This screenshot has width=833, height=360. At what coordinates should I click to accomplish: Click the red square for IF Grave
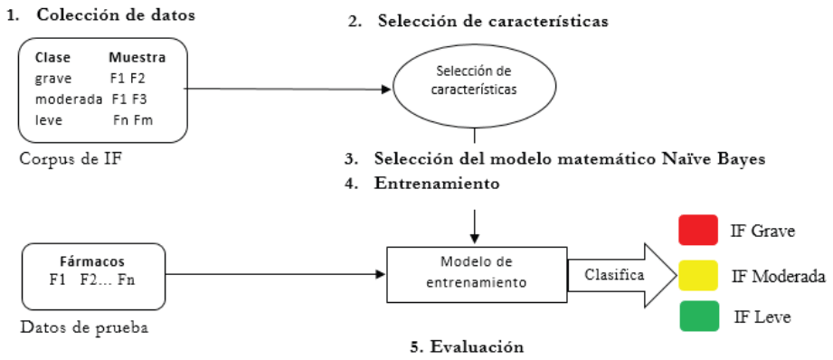point(698,230)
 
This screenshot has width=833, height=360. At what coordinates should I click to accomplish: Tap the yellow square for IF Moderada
point(698,275)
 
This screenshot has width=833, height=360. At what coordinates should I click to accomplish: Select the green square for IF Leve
point(698,316)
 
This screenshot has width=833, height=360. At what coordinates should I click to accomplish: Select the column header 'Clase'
point(52,57)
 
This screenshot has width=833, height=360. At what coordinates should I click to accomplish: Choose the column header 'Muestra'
point(137,57)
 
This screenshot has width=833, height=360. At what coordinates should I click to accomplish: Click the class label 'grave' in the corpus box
point(52,79)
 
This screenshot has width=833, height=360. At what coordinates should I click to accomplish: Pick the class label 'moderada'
point(68,99)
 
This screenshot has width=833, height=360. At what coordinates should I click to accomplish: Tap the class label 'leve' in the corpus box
point(48,120)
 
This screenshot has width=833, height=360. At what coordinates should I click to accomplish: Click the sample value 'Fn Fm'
point(133,120)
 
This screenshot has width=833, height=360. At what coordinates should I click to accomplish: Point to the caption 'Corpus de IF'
point(67,157)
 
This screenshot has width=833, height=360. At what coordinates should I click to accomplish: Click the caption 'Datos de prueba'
point(83,327)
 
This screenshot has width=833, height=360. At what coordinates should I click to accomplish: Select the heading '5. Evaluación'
point(467,346)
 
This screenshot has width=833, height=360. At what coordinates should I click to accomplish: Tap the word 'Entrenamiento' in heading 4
point(437,184)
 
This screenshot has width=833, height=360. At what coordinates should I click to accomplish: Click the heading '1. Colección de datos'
point(100,14)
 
